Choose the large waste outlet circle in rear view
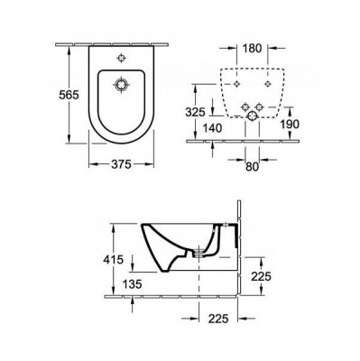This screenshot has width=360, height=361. [x=251, y=116]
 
